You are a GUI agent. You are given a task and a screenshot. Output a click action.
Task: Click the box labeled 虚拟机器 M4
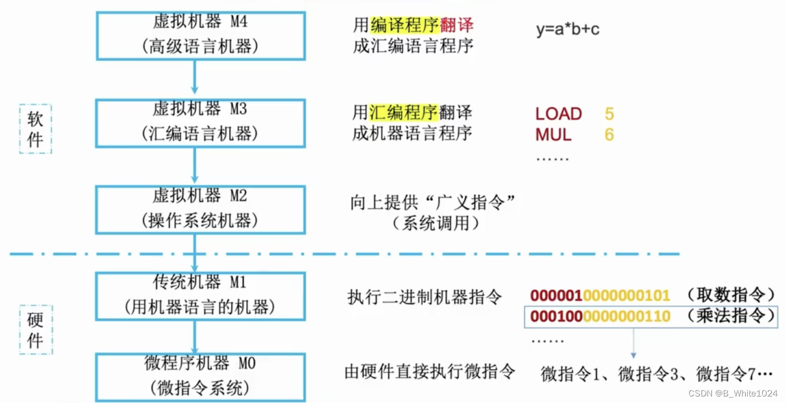(x=200, y=35)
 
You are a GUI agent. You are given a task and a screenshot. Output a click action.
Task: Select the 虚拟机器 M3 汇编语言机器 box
(x=200, y=123)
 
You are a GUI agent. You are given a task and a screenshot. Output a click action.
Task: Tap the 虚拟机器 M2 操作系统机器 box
(x=200, y=209)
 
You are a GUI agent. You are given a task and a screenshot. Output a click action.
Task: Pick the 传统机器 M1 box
(x=200, y=296)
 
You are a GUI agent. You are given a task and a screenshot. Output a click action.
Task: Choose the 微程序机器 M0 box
(x=200, y=376)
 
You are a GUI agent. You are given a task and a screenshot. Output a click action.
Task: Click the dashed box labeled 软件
(x=35, y=129)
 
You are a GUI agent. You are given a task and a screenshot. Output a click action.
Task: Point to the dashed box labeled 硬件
(x=35, y=330)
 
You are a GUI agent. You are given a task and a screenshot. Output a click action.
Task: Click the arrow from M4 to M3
(x=194, y=76)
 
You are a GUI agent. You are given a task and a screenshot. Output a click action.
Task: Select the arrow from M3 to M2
(x=194, y=164)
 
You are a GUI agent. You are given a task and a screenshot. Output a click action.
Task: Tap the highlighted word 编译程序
(x=404, y=25)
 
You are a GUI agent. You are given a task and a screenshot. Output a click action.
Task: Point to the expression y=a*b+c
(x=568, y=29)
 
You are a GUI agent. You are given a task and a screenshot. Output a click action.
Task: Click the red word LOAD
(x=558, y=114)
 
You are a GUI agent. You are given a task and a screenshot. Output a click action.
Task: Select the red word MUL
(x=553, y=135)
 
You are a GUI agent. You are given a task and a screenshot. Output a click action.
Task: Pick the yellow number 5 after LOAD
(x=609, y=114)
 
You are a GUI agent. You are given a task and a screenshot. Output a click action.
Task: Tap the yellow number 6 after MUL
(x=609, y=135)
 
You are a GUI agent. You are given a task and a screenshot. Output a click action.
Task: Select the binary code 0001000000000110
(x=600, y=316)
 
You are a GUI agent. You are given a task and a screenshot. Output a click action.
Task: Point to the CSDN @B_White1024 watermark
(x=733, y=393)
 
